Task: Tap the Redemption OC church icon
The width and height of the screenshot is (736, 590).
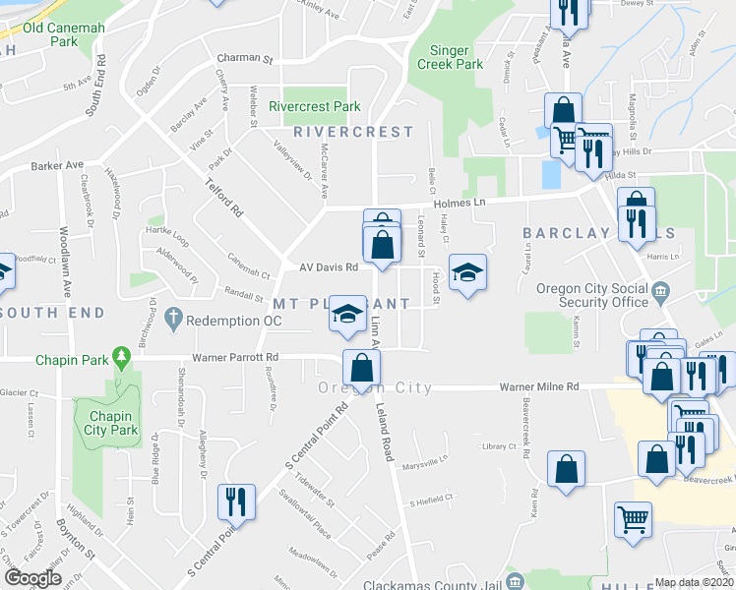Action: [174, 319]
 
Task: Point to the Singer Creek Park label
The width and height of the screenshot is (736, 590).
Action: [457, 56]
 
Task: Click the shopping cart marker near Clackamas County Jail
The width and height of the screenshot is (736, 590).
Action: [633, 518]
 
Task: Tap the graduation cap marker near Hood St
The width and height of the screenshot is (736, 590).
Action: [467, 271]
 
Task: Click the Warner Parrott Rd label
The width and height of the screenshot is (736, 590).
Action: [235, 358]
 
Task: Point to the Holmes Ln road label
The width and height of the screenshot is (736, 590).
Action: [460, 203]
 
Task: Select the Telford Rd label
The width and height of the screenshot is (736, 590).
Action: [223, 197]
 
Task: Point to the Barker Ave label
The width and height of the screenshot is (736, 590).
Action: [57, 165]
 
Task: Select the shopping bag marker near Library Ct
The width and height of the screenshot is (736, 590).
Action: [567, 469]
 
